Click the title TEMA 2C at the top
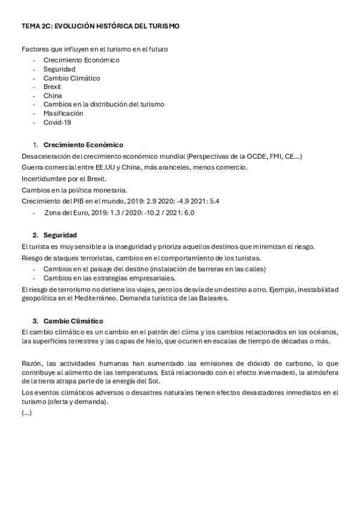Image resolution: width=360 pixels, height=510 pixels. [100, 26]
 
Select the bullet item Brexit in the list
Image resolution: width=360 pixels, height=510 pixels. [52, 87]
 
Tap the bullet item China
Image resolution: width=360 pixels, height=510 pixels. [52, 96]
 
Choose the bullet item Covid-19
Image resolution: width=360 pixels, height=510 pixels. [57, 122]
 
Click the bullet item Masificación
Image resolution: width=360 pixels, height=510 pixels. [63, 113]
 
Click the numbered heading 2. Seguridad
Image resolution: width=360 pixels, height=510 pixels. [60, 235]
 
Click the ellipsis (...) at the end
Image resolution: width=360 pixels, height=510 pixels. [26, 413]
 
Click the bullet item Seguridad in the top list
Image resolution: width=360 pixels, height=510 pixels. [59, 69]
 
